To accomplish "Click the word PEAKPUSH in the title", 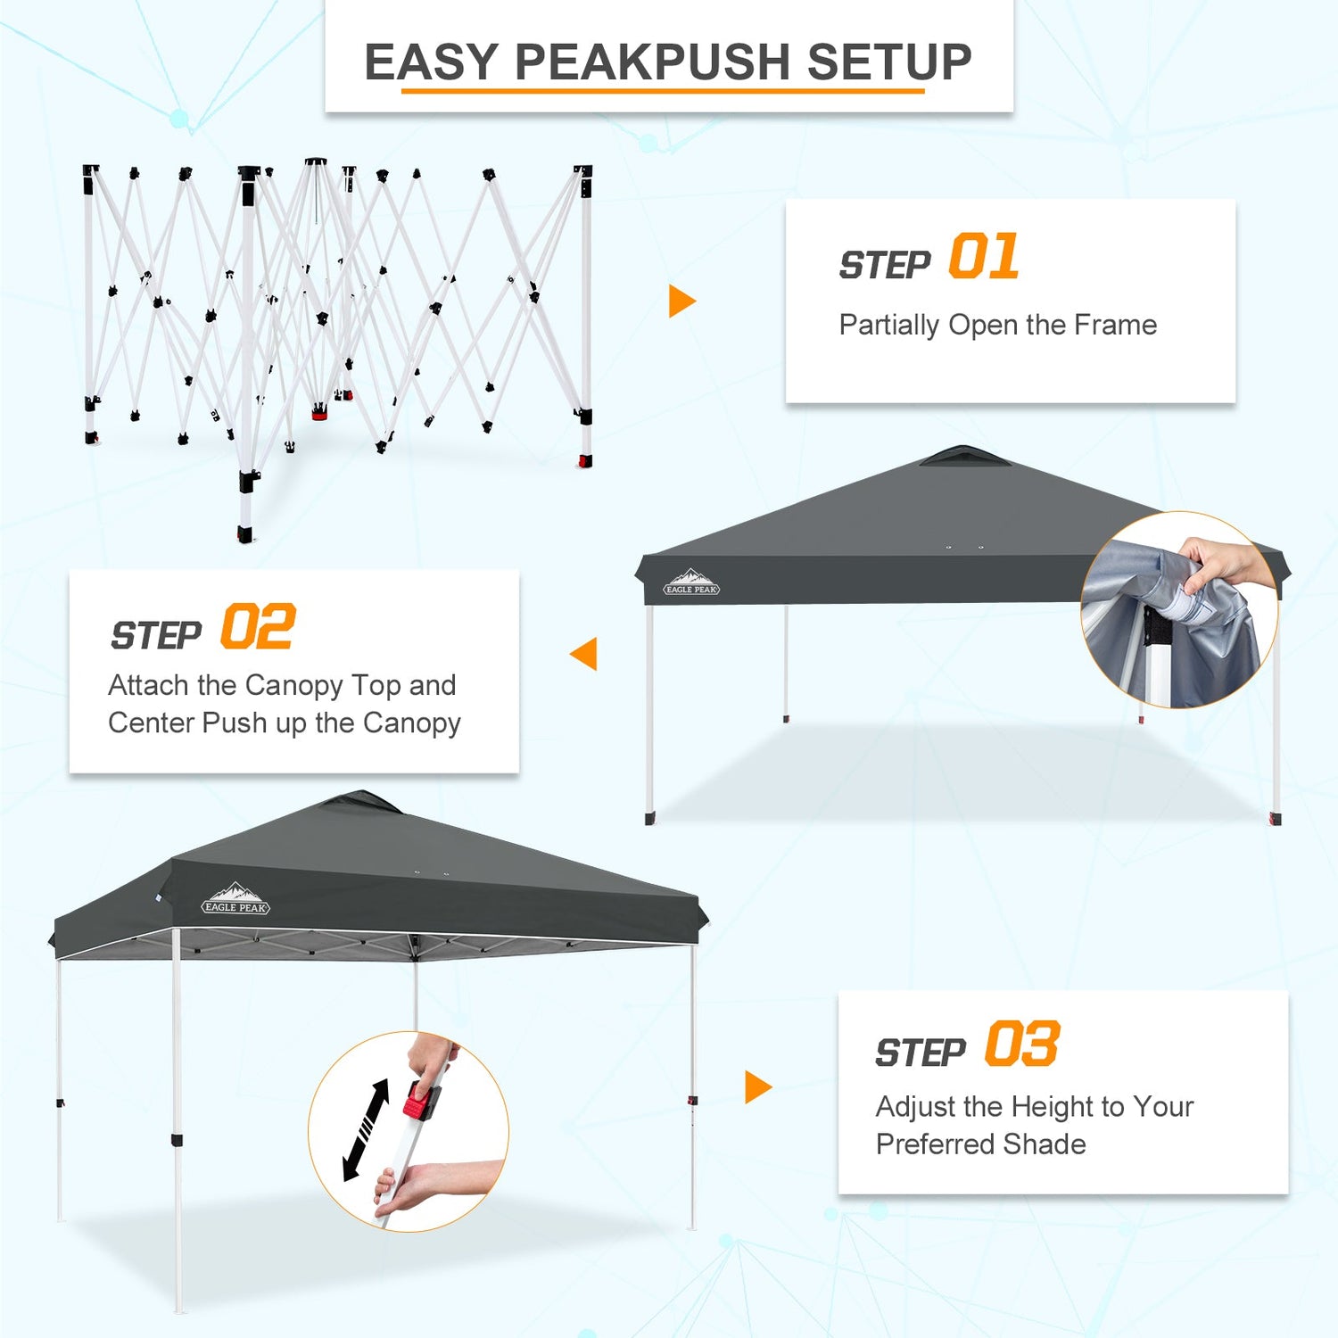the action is click(654, 62).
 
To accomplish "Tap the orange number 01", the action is click(984, 257).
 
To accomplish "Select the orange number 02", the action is click(258, 627).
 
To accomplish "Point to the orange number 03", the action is click(1022, 1044).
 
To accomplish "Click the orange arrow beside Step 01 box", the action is click(681, 301).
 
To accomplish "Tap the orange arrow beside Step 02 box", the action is click(583, 654).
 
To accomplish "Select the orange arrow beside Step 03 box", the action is click(758, 1087).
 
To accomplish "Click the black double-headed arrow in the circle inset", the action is click(367, 1130).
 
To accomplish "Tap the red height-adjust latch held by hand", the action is click(420, 1100).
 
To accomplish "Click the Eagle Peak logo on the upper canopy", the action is click(691, 582).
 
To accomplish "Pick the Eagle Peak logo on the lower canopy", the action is click(235, 899).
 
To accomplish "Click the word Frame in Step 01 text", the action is click(1116, 325).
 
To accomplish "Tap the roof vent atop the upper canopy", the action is click(965, 456).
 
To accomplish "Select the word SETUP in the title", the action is click(889, 62).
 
